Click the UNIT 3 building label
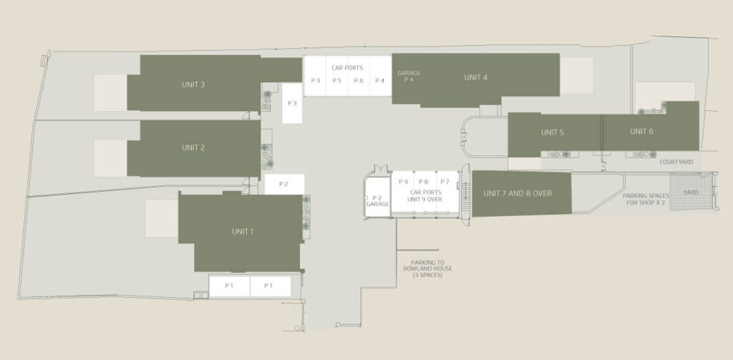pos(193,84)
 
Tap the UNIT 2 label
pos(193,147)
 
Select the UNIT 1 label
pos(243,231)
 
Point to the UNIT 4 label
pos(476,77)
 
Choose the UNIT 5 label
pos(552,132)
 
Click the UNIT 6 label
pos(641,132)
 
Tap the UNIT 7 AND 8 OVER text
pos(518,193)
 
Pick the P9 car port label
pos(403,182)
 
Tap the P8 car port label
pos(424,182)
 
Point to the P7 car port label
pos(445,182)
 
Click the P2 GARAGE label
pos(377,201)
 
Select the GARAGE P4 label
pos(409,76)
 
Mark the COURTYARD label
pos(676,162)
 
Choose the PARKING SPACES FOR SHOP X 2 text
pos(646,199)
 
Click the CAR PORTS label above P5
pos(347,68)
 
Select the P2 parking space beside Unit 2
pos(284,184)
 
